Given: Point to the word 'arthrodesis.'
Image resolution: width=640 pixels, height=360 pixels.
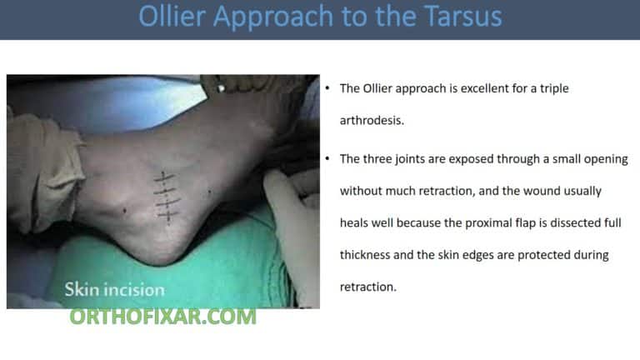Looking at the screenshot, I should click(372, 120).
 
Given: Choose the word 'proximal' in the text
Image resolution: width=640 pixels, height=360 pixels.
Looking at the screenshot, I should click(497, 222).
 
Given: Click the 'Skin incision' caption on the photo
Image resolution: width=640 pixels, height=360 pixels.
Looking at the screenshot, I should click(115, 290).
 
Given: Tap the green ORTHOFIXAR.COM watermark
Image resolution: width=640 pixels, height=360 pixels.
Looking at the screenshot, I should click(162, 317).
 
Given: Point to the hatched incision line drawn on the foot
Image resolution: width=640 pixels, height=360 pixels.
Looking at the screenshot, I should click(167, 197).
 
